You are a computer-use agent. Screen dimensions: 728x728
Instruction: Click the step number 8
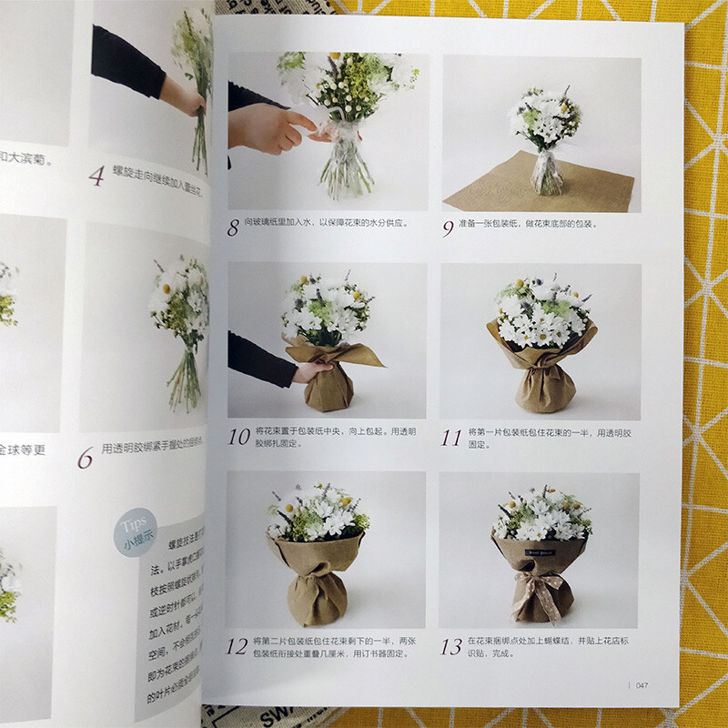233,227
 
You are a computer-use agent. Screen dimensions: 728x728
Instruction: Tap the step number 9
448,227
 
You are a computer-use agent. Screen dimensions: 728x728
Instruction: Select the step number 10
238,437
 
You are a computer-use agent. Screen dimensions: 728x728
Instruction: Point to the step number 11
451,438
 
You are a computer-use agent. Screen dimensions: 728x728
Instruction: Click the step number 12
237,647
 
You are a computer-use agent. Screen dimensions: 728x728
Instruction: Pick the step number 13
451,647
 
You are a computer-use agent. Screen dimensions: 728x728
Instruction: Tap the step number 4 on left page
96,175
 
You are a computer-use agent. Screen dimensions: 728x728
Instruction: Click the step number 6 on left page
86,459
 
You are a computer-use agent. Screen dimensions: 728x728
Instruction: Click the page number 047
642,685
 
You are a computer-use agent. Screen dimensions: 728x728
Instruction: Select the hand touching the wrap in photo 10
309,372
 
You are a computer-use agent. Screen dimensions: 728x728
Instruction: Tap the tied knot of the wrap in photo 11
542,372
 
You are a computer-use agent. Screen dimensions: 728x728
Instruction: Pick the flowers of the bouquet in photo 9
543,116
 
